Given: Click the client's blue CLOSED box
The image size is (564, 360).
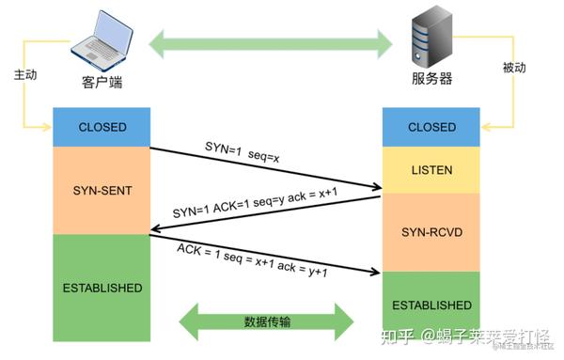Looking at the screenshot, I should (103, 127).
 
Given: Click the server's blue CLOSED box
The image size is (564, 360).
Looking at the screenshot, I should (431, 127).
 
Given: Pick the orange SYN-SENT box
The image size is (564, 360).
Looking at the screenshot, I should (103, 189).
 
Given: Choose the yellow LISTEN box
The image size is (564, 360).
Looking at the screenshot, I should (431, 170).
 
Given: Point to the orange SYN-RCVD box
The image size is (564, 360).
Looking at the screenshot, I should (431, 230).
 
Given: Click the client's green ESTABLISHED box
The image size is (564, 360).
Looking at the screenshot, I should (103, 287).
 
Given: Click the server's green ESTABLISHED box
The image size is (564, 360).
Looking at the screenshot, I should (431, 305).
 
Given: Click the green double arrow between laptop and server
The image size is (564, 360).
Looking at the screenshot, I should (273, 41).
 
